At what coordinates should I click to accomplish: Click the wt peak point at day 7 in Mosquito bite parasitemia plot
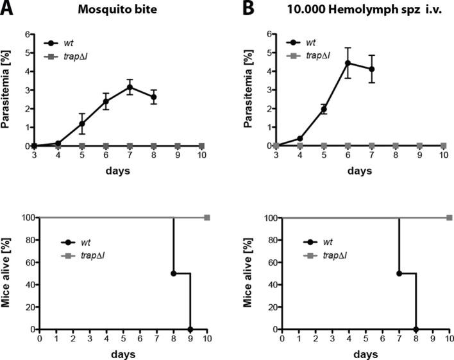(130, 87)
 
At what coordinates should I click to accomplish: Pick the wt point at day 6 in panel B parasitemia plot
(348, 63)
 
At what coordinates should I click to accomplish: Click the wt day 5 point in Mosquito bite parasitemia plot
(81, 123)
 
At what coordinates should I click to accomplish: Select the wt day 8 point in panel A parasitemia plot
(153, 97)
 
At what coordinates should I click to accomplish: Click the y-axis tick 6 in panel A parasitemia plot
(28, 35)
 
